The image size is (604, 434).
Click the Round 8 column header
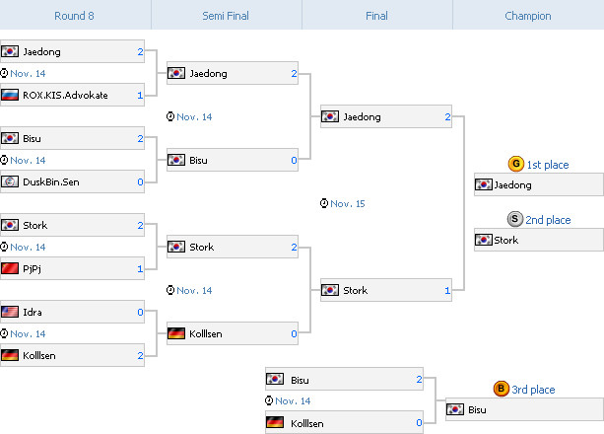point(75,15)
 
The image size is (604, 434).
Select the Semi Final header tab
point(226,15)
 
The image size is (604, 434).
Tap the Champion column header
point(528,15)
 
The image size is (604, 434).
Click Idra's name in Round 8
point(33,313)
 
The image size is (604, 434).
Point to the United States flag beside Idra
point(10,313)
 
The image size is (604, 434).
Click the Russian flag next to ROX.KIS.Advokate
point(10,96)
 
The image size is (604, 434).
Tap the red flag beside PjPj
point(10,269)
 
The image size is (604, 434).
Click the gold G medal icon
point(515,165)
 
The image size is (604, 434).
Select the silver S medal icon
point(515,220)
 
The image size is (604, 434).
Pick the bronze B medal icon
point(502,390)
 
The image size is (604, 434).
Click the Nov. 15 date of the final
point(348,204)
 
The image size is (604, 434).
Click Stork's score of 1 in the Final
point(447,291)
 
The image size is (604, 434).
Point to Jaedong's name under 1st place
point(513,185)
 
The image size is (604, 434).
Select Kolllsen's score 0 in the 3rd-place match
point(419,423)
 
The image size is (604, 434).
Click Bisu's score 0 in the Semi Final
point(294,161)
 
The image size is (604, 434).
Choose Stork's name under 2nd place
point(506,240)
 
